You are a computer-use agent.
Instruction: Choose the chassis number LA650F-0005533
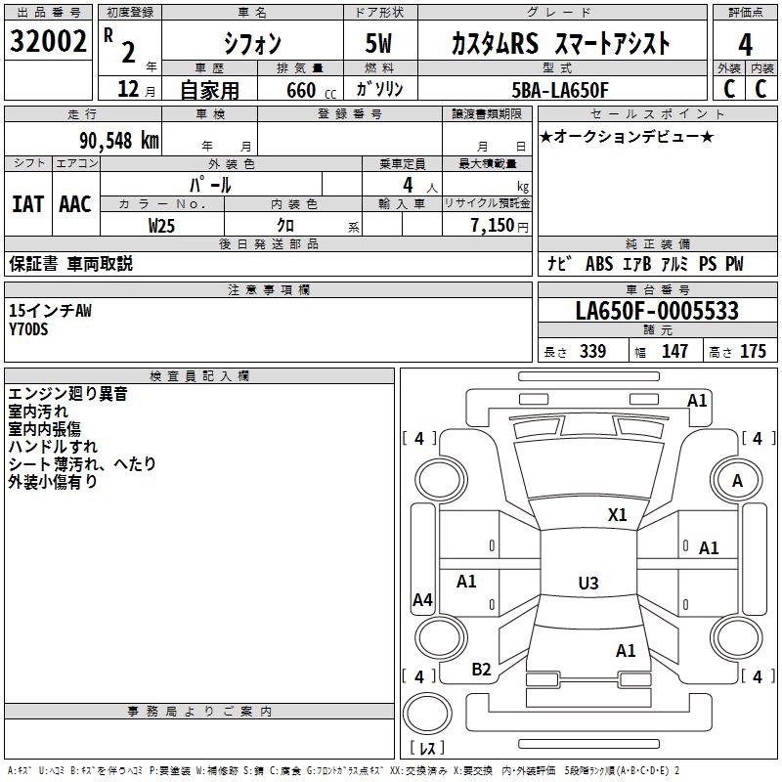(657, 312)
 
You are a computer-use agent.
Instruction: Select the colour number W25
(162, 225)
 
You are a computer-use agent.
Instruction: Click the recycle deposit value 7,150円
(496, 225)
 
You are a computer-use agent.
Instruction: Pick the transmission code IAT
(27, 203)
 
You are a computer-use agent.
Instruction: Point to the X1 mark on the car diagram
(617, 515)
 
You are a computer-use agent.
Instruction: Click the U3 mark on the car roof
(587, 584)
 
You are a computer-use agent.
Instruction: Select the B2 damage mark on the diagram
(481, 670)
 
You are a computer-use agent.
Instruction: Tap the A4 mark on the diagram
(422, 600)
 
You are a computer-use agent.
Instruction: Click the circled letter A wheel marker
(737, 480)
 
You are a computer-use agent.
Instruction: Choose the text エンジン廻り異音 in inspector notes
(67, 395)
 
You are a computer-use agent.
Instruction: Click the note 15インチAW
(50, 311)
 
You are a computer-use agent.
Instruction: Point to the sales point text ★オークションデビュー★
(626, 136)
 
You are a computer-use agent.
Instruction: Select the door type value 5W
(380, 43)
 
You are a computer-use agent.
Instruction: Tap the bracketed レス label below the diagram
(427, 748)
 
